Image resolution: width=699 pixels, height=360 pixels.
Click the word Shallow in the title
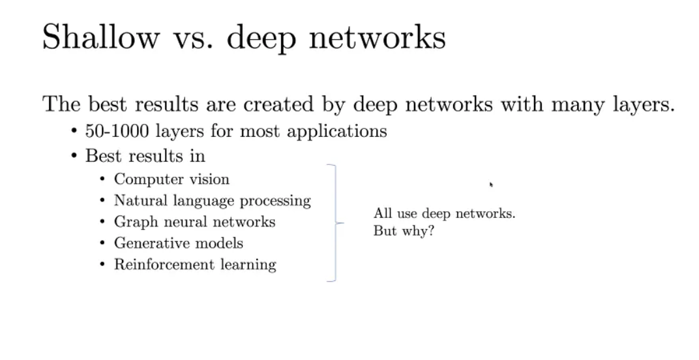tap(100, 37)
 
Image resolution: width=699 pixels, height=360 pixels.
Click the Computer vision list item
tap(171, 179)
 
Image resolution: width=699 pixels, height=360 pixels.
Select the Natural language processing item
tap(212, 200)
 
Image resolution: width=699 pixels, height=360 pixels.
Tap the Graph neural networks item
tap(194, 222)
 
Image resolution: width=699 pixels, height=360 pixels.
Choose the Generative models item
tap(178, 243)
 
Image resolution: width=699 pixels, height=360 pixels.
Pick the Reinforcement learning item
tap(195, 265)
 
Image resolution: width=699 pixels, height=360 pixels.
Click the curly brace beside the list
tap(336, 222)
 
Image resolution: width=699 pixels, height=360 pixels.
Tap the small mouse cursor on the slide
tap(491, 185)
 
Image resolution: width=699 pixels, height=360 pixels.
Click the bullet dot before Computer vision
tap(102, 179)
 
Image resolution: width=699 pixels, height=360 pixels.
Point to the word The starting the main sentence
tap(61, 104)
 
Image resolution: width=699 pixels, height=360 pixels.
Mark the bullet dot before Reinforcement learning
tap(102, 265)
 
